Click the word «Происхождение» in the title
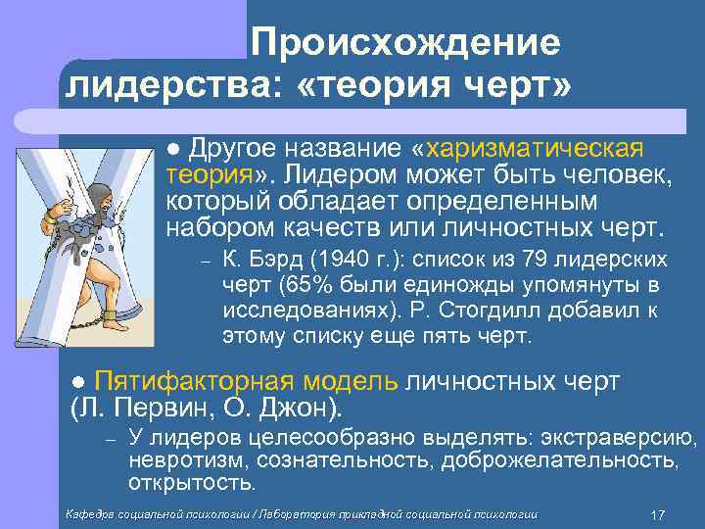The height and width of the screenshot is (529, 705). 404,43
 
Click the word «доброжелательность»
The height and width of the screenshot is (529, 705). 562,459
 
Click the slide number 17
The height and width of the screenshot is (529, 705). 658,513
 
